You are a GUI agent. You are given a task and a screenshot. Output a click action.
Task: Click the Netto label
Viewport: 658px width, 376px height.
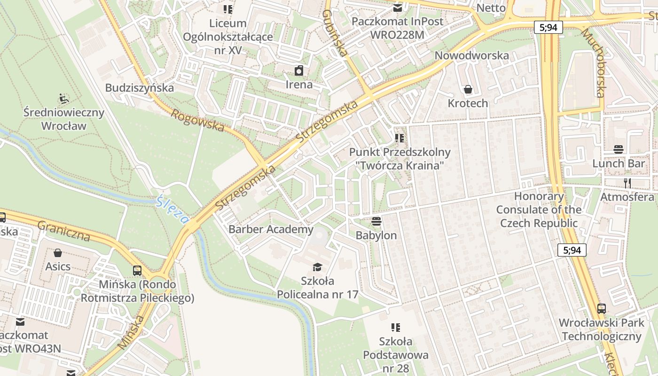491,8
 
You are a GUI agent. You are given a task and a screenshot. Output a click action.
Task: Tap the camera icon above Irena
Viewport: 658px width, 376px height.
299,71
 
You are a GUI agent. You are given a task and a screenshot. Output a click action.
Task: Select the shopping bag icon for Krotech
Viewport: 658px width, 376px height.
468,89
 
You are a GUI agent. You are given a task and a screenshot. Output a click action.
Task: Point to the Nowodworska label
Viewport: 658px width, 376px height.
471,55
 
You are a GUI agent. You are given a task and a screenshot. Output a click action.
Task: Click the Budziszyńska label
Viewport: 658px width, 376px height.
140,88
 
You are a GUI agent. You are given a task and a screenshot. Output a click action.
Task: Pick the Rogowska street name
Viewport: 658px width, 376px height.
197,120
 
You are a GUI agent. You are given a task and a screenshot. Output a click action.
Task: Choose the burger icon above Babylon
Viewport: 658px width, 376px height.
376,221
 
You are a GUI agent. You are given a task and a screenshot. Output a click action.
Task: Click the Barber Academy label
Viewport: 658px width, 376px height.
271,229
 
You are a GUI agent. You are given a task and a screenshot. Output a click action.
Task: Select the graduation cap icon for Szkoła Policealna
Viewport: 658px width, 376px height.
318,267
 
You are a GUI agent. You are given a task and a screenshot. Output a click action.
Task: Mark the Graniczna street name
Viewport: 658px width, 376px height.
63,231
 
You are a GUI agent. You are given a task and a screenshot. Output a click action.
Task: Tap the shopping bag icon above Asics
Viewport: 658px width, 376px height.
58,253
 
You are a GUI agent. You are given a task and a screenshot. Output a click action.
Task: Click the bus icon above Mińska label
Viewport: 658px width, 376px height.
137,271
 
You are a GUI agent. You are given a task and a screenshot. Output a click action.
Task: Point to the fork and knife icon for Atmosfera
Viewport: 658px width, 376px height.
627,183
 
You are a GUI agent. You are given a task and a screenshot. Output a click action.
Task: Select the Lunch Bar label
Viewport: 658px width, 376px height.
619,164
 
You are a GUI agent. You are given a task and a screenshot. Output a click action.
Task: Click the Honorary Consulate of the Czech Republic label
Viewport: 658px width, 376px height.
539,210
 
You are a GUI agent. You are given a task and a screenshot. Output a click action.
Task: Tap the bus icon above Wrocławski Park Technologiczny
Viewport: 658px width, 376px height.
602,309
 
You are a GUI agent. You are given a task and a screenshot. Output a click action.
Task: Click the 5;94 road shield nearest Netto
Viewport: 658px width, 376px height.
548,27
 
